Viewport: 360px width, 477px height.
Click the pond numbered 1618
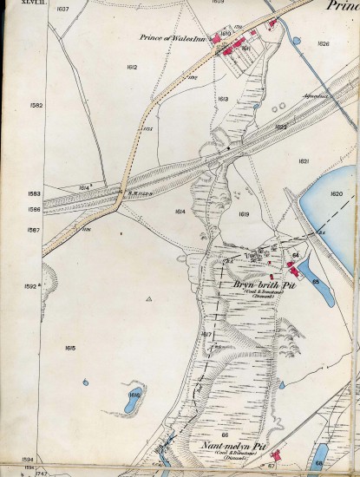coord(134,395)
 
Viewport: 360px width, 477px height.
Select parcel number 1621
coord(304,162)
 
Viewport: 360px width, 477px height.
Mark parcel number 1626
coord(324,42)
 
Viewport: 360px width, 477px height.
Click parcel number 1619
coord(244,213)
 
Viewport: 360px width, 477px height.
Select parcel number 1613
coord(222,100)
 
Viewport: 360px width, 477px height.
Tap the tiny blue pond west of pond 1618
coord(86,382)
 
